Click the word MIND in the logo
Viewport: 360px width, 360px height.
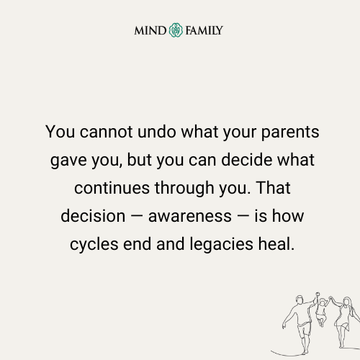150,30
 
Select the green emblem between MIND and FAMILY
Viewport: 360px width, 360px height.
176,30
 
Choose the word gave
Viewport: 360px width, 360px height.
69,161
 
